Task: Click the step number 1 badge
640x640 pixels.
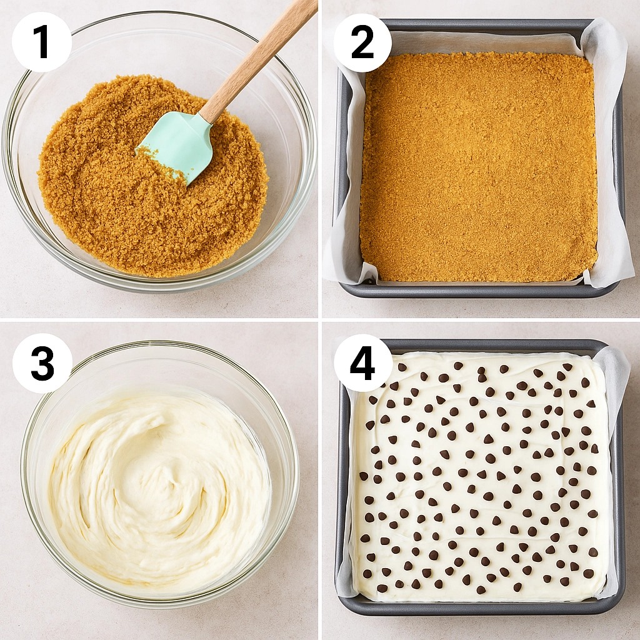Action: tap(41, 42)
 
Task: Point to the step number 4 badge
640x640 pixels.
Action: tap(362, 363)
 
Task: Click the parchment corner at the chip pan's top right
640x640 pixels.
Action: tap(616, 369)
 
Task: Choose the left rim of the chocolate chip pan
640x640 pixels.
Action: tap(341, 475)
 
